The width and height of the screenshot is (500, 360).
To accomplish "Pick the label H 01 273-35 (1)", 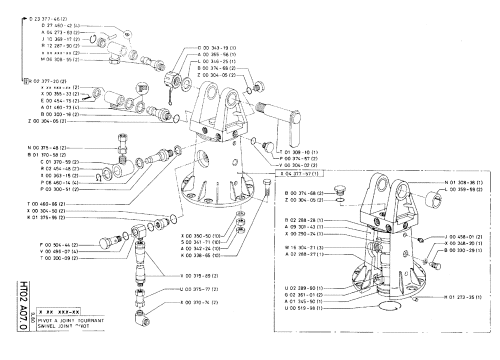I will click(462, 297).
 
